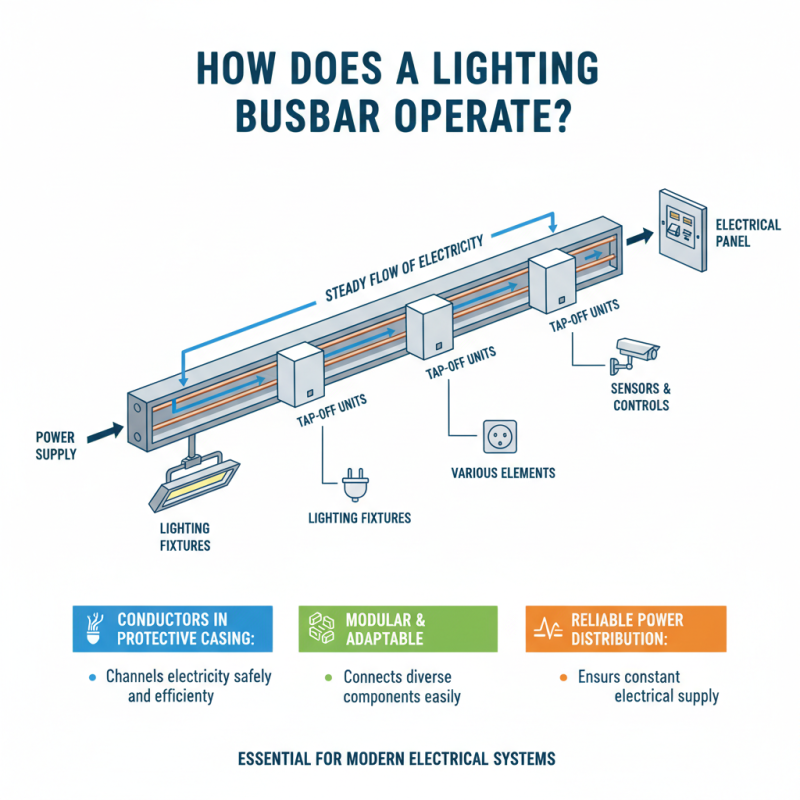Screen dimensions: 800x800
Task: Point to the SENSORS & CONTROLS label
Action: point(640,397)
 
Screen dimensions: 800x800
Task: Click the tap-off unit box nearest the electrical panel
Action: point(550,283)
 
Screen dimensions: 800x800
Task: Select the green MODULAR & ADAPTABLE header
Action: point(398,629)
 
